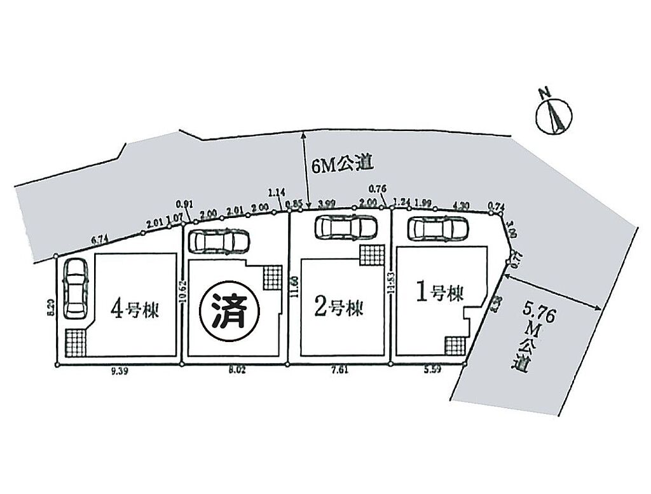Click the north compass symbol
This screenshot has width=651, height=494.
tap(552, 115)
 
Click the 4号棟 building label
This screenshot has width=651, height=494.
tap(134, 310)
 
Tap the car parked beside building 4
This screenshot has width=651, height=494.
tap(75, 288)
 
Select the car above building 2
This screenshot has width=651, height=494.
tap(346, 226)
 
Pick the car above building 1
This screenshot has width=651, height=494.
tap(438, 227)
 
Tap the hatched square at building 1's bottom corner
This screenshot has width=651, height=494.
tap(455, 346)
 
